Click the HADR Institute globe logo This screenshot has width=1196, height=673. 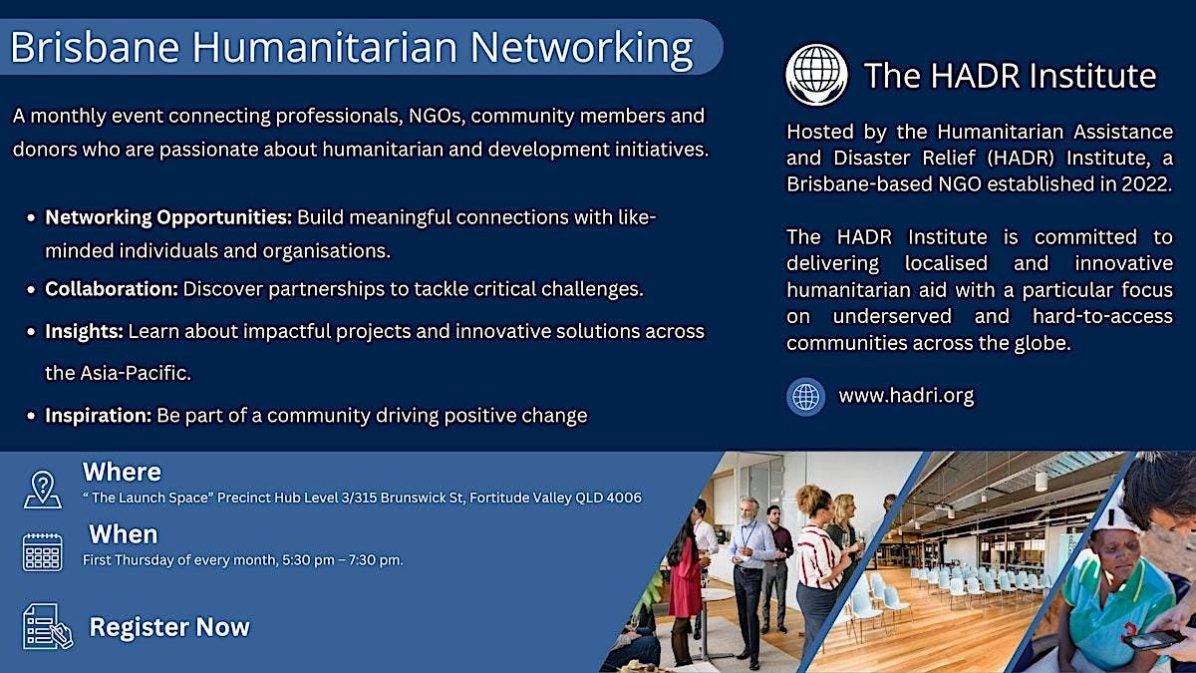coord(816,74)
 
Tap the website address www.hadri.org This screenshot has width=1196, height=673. coord(906,395)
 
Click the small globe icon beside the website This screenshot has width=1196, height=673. coord(805,397)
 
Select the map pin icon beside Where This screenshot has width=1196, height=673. coord(43,490)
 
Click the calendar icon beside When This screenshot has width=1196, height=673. coord(43,552)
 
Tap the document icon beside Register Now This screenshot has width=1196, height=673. coord(48,626)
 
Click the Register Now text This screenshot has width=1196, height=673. coord(169,627)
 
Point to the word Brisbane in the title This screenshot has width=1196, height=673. coord(95,47)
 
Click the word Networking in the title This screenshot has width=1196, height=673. coord(581,48)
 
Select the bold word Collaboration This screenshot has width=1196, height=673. coord(111,289)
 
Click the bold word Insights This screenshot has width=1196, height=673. coord(84,331)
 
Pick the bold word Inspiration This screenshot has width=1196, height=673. coord(99,415)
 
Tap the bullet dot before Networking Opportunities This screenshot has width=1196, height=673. coord(32,218)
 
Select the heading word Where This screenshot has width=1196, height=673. coord(122,473)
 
